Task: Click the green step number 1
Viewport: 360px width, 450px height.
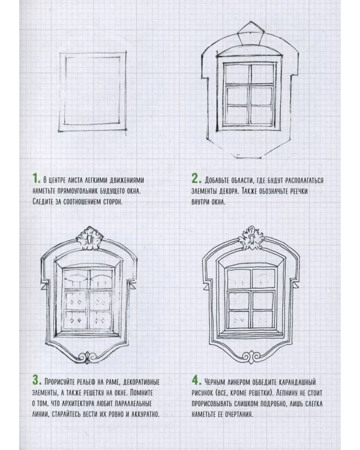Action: click(x=36, y=178)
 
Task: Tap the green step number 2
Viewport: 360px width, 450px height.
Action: click(x=197, y=179)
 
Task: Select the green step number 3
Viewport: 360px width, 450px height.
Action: click(x=37, y=380)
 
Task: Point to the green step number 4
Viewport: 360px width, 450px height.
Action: click(x=197, y=380)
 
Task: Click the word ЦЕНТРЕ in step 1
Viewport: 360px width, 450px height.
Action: click(x=56, y=180)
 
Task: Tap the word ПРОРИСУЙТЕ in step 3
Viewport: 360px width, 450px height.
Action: click(x=60, y=382)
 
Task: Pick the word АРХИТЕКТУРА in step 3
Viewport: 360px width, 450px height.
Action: click(x=76, y=404)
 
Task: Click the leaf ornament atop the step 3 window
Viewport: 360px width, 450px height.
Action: click(x=89, y=238)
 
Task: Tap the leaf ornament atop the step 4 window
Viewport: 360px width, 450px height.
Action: click(x=251, y=238)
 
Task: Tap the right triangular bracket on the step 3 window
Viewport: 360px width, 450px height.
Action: click(x=133, y=286)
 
